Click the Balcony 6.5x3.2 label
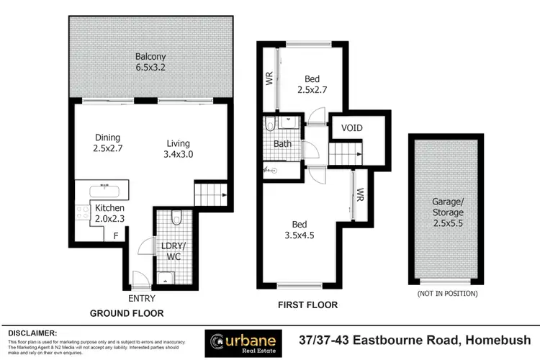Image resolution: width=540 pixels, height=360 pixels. pos(152,61)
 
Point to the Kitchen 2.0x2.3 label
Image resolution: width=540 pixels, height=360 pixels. pos(110,214)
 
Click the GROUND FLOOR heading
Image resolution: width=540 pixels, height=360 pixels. pos(126,313)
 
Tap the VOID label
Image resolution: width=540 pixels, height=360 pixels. pos(352,128)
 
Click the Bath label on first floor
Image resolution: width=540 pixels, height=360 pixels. pos(282,144)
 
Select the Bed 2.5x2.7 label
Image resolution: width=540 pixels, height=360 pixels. pos(312,84)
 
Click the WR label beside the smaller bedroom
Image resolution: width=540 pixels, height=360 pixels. pos(270,77)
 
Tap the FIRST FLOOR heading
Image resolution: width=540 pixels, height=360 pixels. pos(308,305)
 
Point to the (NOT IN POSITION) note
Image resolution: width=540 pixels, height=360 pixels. pos(447,294)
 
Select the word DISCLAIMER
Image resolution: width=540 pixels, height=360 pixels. pos(32,333)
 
